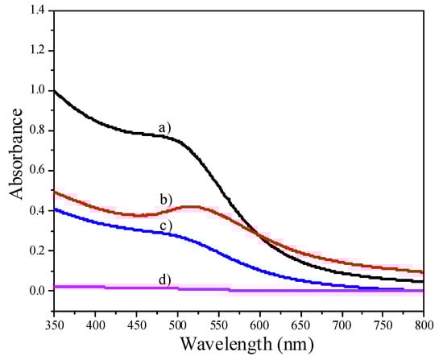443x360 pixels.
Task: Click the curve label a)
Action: (165, 127)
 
